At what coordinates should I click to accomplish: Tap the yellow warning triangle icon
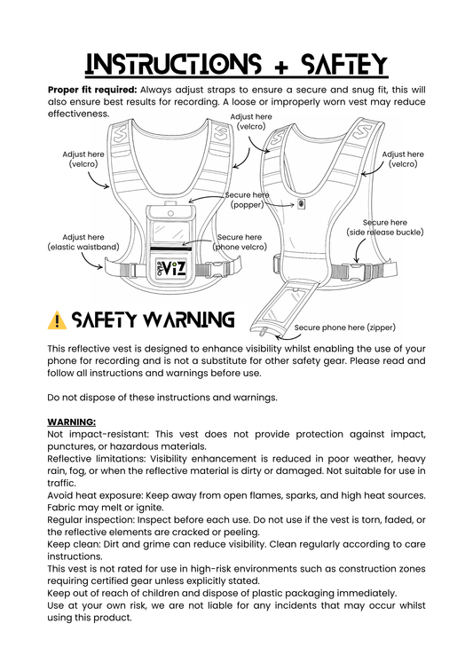(57, 320)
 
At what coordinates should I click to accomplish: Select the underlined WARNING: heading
(72, 422)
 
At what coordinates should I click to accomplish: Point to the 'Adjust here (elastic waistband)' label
(83, 242)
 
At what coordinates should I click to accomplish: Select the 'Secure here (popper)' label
(248, 200)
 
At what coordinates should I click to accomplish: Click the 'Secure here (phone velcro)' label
(240, 242)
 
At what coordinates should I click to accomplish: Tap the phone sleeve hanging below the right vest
(273, 307)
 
